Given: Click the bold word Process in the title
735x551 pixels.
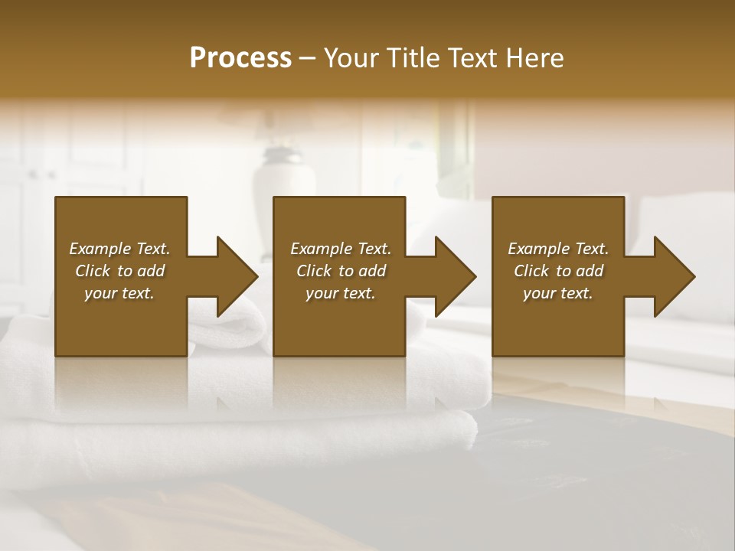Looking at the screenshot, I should [240, 58].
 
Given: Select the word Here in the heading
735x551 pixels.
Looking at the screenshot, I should [536, 58].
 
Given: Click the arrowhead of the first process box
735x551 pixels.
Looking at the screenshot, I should [234, 276].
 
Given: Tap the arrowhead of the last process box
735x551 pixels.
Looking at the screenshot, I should [672, 276].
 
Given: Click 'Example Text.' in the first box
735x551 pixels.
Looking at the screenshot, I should [119, 249].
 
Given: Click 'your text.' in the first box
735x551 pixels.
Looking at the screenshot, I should [119, 293].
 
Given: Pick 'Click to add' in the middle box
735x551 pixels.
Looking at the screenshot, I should [341, 271].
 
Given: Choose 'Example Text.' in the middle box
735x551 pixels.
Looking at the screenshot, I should [341, 249].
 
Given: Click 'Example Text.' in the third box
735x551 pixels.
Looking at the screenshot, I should [558, 249].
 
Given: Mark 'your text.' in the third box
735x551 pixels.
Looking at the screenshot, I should [558, 293].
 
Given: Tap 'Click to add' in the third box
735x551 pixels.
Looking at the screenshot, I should [558, 271].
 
